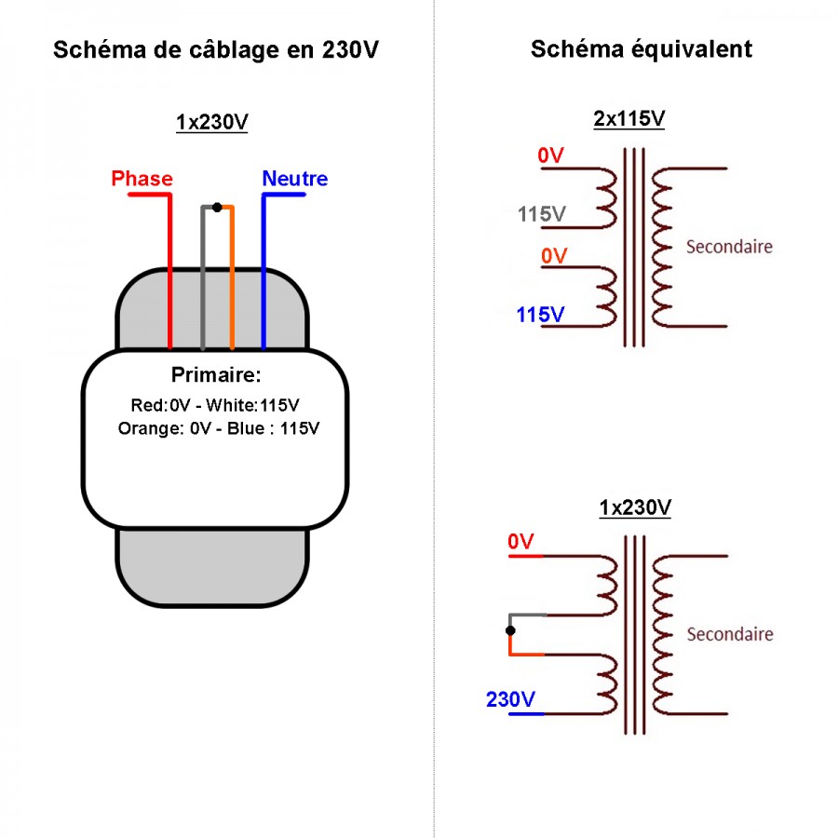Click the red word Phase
click(142, 179)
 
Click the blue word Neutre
click(295, 179)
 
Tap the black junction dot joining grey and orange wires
click(217, 208)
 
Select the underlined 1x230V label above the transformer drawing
click(212, 122)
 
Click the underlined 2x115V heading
click(629, 118)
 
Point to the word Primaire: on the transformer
click(216, 374)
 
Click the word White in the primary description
click(232, 405)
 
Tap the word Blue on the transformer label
click(246, 428)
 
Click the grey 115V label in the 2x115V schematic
click(541, 214)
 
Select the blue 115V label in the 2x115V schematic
click(540, 315)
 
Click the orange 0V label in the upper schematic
click(554, 256)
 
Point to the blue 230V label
click(510, 699)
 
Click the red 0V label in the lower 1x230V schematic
click(520, 541)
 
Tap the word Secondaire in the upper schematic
click(729, 247)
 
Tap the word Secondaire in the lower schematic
click(729, 634)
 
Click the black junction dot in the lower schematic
click(510, 630)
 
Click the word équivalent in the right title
click(692, 49)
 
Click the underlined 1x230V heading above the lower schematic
click(635, 507)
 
